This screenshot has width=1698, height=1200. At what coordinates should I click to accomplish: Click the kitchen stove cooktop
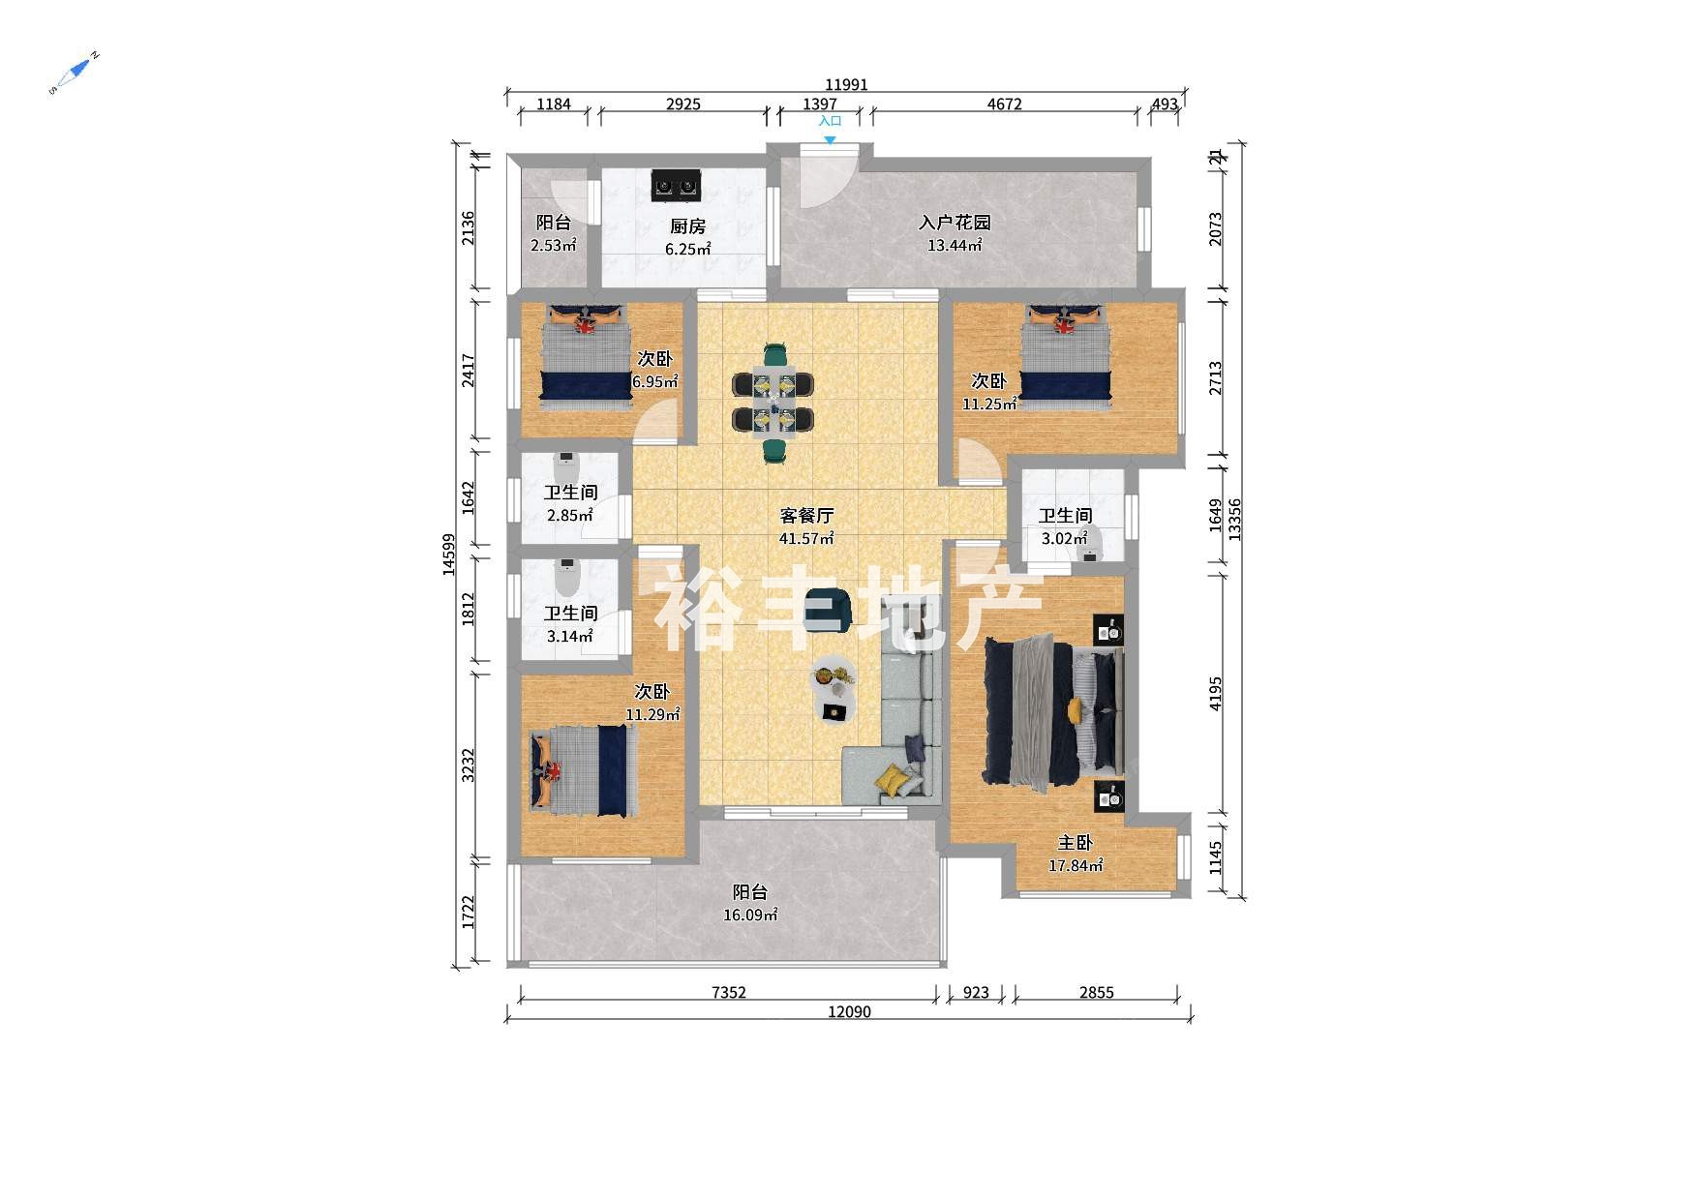coord(675,185)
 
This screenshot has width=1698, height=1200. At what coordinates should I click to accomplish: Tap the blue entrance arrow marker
coord(830,140)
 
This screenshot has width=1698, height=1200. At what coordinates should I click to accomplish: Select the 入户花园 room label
coord(955,223)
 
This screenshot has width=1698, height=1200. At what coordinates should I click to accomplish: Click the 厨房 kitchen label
coord(687,226)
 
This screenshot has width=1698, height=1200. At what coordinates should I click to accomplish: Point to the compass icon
coord(74,73)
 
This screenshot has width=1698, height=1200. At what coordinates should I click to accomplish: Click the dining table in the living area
coord(773,402)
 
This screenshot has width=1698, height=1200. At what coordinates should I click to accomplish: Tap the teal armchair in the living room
coord(829,610)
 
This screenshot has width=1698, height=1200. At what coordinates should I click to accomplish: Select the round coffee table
coord(833,676)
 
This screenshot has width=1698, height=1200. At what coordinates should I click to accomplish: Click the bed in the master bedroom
coord(1053,711)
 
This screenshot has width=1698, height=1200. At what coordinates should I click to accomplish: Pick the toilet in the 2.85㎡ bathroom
coord(566,469)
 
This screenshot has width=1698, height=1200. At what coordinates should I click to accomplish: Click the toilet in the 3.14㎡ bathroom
coord(566,578)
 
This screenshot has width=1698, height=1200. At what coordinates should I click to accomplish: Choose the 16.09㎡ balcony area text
coord(750,915)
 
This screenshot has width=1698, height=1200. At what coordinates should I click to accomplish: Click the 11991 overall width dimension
coord(846,84)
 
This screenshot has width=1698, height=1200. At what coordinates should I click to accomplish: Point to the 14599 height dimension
coord(448,555)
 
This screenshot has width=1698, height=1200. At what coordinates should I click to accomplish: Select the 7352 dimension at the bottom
coord(728,992)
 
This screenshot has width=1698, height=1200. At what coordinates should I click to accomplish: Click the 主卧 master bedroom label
coord(1075,843)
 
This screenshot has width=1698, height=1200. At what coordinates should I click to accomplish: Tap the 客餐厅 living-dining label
coord(806,516)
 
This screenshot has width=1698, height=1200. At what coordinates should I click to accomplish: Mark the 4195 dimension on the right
coord(1215,694)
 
